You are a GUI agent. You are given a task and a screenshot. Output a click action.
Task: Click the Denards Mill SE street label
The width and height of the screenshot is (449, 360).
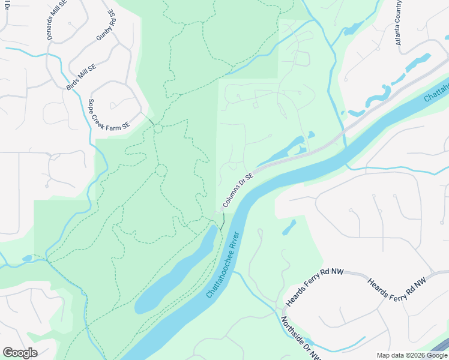pyautogui.click(x=58, y=20)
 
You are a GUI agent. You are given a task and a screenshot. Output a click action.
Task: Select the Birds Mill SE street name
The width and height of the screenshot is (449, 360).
pyautogui.click(x=81, y=76)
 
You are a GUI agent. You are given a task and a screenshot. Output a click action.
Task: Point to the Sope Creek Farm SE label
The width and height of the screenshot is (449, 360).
pyautogui.click(x=109, y=114)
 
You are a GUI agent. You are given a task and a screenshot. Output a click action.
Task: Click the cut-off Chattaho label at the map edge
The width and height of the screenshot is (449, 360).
pyautogui.click(x=436, y=91)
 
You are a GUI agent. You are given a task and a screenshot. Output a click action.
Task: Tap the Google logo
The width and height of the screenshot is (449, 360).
pyautogui.click(x=20, y=353)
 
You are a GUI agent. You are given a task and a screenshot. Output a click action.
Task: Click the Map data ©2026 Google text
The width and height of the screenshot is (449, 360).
pyautogui.click(x=411, y=355)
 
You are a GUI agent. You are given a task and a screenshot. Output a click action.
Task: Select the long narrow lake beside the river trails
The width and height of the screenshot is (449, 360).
pyautogui.click(x=174, y=273)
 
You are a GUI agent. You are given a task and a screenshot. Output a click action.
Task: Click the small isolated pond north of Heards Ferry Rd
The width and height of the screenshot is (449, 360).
pyautogui.click(x=289, y=227)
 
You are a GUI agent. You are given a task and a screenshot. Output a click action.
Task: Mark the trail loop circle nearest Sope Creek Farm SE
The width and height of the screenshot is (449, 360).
pyautogui.click(x=158, y=128)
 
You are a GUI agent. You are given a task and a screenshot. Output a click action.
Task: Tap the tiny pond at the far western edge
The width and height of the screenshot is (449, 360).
pyautogui.click(x=27, y=259)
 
